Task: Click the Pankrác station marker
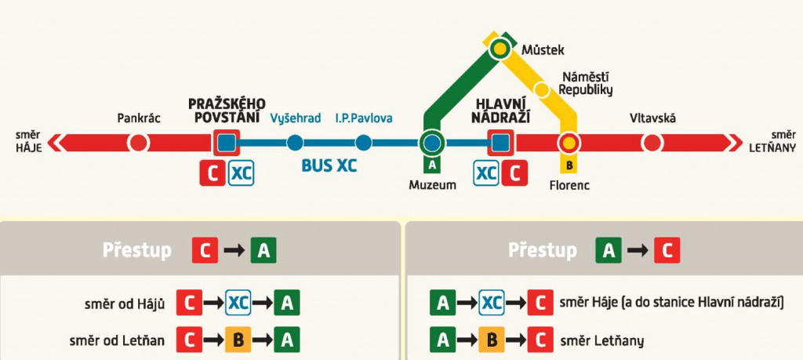(139, 143)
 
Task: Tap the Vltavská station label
(652, 118)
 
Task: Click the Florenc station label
(569, 186)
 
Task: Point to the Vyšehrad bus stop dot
(295, 143)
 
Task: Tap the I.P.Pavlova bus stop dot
(363, 143)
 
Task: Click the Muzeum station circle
(431, 143)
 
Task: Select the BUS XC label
(329, 165)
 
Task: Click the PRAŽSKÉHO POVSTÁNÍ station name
(227, 111)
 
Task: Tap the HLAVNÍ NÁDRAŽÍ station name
(501, 111)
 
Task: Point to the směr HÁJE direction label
(28, 142)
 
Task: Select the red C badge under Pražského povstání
(211, 173)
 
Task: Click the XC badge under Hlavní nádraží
(487, 173)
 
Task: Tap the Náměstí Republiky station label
(584, 83)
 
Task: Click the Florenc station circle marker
(569, 143)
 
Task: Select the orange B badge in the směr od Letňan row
(238, 341)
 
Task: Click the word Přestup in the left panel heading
(137, 250)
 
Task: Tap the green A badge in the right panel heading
(609, 251)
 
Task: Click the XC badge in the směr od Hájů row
(238, 304)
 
